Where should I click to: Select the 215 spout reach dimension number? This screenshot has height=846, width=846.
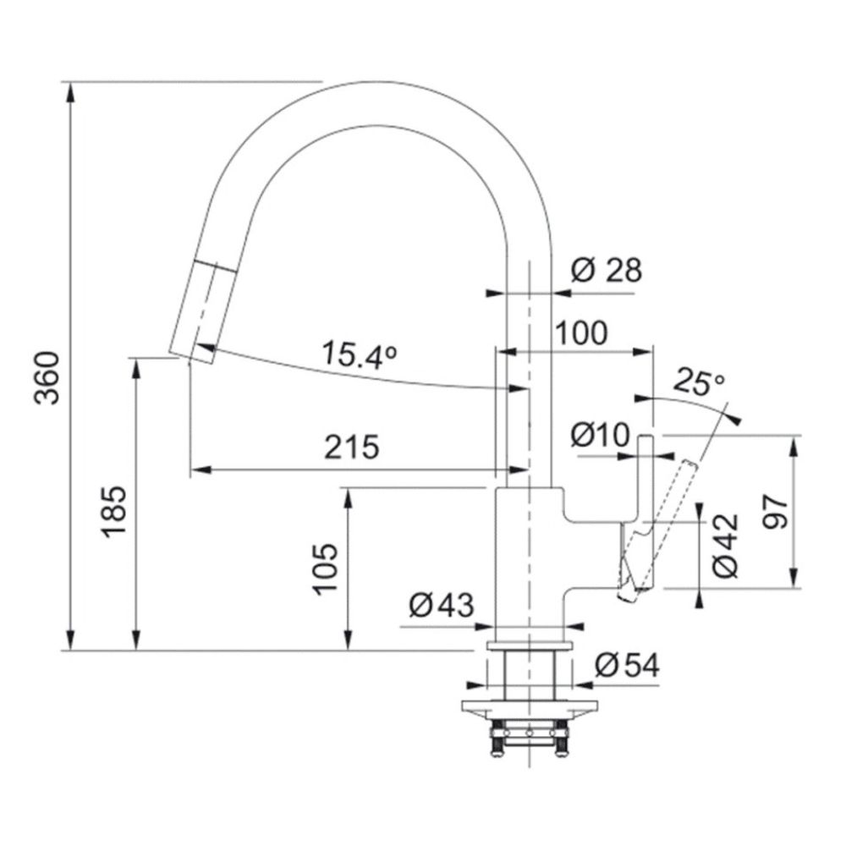(x=352, y=447)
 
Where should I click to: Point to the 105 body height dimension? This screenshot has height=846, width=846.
(x=326, y=569)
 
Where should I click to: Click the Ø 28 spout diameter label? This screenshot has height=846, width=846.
(x=607, y=270)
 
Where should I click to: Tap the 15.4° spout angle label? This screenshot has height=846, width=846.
(x=360, y=354)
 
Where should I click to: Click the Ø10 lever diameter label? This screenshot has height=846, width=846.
(x=600, y=435)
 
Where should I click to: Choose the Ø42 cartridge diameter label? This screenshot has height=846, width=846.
(x=724, y=546)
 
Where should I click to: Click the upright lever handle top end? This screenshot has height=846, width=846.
(x=646, y=436)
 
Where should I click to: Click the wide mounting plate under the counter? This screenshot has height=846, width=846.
(x=530, y=706)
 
